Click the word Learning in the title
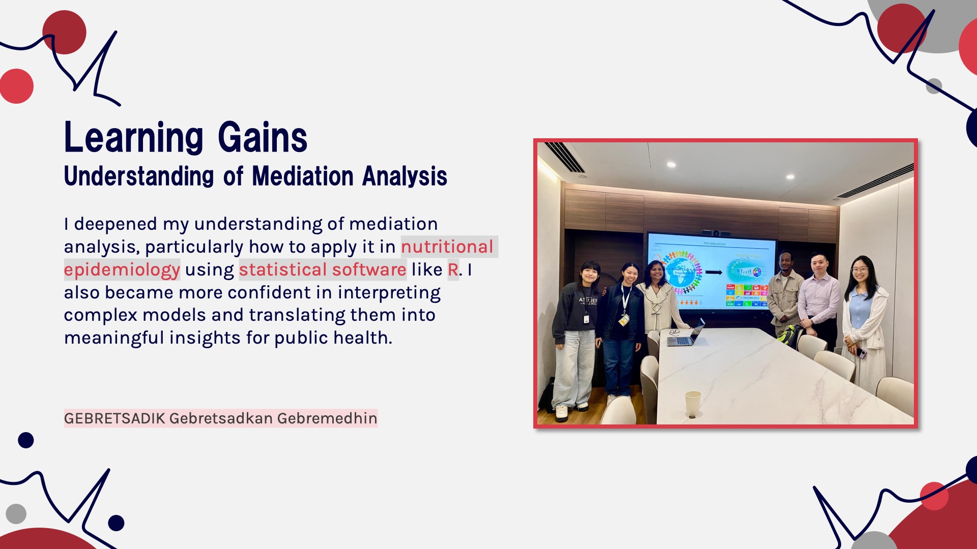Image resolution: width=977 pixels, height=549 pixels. (x=134, y=137)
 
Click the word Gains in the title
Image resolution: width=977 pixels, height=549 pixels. (x=263, y=137)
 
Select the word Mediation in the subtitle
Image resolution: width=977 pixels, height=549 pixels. (x=303, y=176)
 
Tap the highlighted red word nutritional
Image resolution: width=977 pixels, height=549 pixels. (x=447, y=247)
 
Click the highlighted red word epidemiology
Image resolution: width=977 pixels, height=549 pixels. (x=122, y=269)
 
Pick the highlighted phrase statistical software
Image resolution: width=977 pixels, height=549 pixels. (x=323, y=269)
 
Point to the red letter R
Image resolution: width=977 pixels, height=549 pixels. (x=453, y=269)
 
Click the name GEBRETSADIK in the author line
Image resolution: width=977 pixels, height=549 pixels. (x=114, y=418)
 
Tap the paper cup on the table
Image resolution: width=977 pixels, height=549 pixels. (x=693, y=404)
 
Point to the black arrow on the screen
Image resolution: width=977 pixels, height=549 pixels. (x=714, y=272)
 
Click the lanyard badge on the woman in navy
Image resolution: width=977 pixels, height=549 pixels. (x=623, y=320)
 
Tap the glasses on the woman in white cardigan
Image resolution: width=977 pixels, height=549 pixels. (x=859, y=270)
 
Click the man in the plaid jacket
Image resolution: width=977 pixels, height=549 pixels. (x=785, y=295)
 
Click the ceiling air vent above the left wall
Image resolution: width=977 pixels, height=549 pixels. (x=565, y=157)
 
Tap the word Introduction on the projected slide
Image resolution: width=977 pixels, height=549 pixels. (x=714, y=243)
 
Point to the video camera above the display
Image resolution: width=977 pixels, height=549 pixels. (x=715, y=233)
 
